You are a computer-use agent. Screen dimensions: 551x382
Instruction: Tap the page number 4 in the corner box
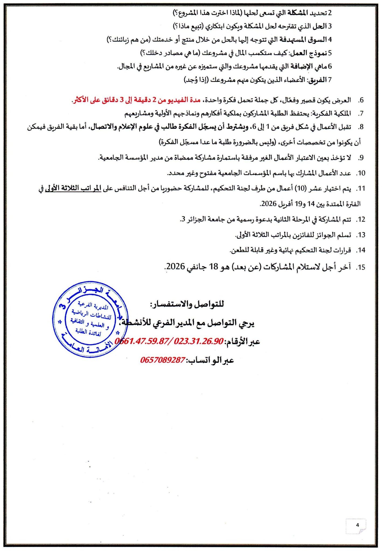click(x=357, y=525)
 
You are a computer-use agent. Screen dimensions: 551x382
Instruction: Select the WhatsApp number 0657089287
click(x=163, y=360)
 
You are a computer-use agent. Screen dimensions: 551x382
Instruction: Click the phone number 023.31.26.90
click(x=199, y=342)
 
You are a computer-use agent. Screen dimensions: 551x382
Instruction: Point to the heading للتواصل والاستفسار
click(x=187, y=304)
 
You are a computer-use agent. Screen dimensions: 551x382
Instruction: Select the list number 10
click(x=361, y=173)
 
